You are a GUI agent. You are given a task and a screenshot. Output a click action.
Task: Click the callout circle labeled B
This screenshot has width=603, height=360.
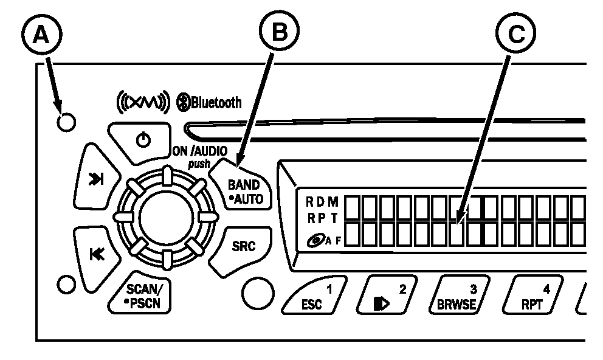click(x=280, y=33)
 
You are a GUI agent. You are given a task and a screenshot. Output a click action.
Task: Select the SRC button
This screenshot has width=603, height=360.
click(x=243, y=246)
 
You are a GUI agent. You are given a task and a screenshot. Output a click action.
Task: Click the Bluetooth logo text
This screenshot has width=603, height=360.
click(x=209, y=102)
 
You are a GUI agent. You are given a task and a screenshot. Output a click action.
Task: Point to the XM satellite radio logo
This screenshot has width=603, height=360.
click(x=139, y=102)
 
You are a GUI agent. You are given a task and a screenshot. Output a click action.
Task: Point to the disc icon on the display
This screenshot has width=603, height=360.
click(x=315, y=241)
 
